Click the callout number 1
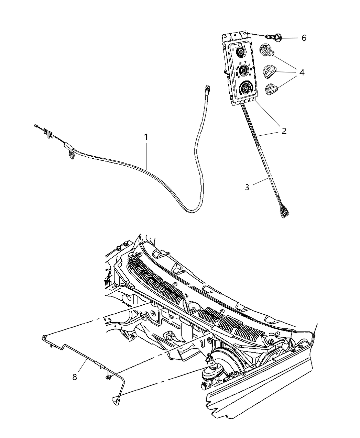click(x=146, y=137)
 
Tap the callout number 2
click(x=284, y=131)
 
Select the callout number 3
click(x=247, y=188)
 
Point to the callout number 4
click(x=302, y=72)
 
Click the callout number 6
click(x=304, y=38)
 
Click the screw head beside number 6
click(x=277, y=37)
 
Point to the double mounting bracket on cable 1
click(x=48, y=132)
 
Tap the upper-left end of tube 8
click(x=44, y=337)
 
